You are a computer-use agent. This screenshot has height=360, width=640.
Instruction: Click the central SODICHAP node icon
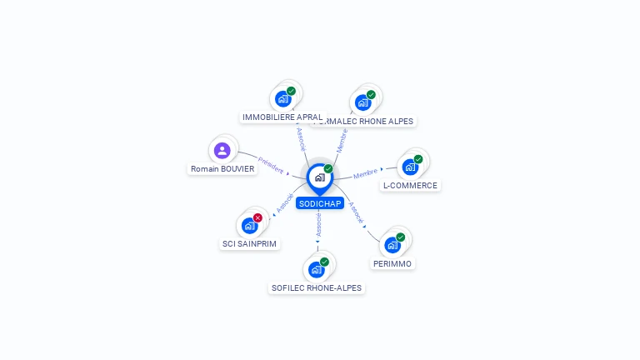[319, 177]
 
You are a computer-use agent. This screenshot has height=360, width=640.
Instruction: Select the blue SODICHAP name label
[319, 203]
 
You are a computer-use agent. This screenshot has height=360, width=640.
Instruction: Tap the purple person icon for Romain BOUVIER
[222, 151]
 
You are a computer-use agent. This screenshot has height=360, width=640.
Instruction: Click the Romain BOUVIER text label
[222, 169]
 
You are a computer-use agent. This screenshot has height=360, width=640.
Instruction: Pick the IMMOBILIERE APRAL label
[282, 117]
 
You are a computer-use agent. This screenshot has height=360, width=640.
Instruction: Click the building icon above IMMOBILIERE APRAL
[282, 99]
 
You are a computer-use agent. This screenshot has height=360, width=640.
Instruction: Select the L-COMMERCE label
[410, 186]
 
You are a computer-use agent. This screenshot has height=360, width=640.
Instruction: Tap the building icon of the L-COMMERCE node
[410, 167]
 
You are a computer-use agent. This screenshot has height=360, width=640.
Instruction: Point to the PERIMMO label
[392, 263]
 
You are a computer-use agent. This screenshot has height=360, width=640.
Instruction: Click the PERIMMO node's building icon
[392, 245]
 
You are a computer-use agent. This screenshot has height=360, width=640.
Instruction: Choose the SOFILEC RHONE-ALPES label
[317, 288]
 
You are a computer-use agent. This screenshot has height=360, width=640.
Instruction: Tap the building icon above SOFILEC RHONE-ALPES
[316, 269]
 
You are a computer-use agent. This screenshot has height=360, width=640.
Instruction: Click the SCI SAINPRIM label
[249, 244]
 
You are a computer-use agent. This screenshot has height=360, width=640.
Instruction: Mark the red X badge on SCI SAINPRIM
[257, 217]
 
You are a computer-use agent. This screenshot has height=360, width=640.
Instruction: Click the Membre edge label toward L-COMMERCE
[366, 173]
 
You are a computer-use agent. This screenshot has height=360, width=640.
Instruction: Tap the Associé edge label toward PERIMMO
[355, 213]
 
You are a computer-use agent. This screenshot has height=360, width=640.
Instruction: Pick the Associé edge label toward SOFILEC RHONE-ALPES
[318, 223]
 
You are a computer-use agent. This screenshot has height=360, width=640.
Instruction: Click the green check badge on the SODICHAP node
[328, 169]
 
